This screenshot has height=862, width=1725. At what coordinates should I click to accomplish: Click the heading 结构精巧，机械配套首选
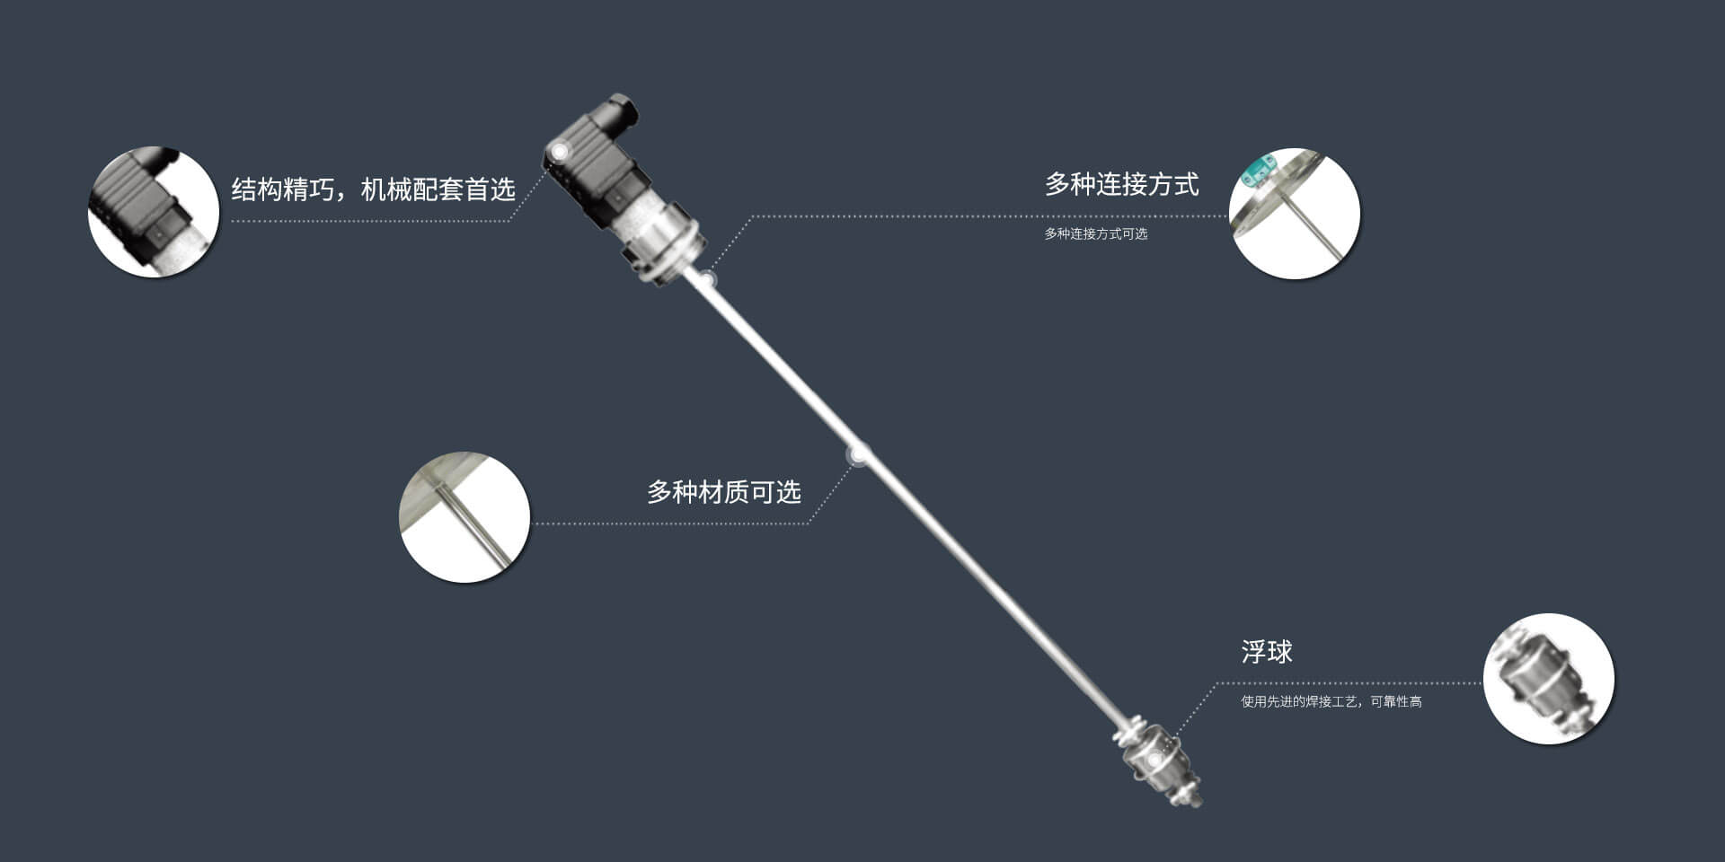click(x=373, y=189)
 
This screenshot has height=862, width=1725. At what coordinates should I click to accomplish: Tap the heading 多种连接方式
click(x=1121, y=185)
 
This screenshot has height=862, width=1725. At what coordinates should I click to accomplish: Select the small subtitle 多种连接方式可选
click(x=1095, y=234)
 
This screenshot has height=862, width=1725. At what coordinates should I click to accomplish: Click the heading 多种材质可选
click(x=723, y=492)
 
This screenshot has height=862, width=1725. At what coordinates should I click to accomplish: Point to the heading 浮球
click(x=1266, y=652)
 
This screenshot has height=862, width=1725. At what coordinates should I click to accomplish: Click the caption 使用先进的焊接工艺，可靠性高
click(x=1331, y=702)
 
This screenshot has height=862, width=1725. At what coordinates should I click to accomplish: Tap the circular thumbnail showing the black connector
click(x=154, y=212)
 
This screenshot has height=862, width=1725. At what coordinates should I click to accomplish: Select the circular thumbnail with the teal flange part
click(x=1294, y=214)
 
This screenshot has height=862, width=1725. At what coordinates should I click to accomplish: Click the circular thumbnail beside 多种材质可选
click(x=464, y=517)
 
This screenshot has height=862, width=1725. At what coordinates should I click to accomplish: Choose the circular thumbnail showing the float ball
click(x=1548, y=679)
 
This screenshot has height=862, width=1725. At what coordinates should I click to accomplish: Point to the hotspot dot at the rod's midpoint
click(x=858, y=454)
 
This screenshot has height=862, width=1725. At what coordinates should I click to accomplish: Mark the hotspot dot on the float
click(x=1154, y=760)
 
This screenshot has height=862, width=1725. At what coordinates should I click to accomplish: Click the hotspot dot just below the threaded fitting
click(x=707, y=279)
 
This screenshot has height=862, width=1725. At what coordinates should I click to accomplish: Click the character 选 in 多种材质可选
click(x=788, y=492)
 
